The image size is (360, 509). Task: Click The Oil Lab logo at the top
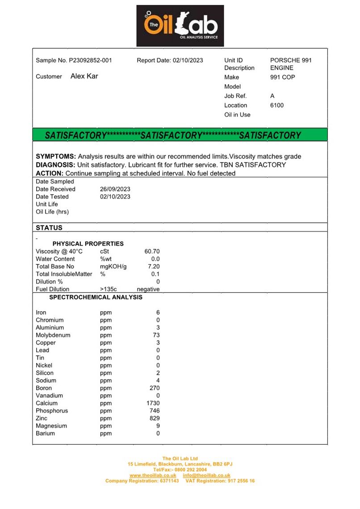pyautogui.click(x=180, y=26)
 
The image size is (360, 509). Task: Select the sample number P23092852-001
pyautogui.click(x=90, y=60)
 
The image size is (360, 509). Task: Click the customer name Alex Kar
pyautogui.click(x=84, y=76)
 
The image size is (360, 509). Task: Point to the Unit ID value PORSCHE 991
pyautogui.click(x=291, y=60)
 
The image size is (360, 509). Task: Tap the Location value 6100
pyautogui.click(x=277, y=105)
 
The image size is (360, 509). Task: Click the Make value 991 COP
pyautogui.click(x=283, y=77)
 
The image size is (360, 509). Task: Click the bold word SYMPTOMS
pyautogui.click(x=55, y=157)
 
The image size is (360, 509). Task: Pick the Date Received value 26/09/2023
pyautogui.click(x=115, y=189)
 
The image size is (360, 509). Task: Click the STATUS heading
pyautogui.click(x=49, y=228)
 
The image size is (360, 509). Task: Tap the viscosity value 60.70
pyautogui.click(x=152, y=251)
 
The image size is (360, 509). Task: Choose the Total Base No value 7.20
pyautogui.click(x=154, y=267)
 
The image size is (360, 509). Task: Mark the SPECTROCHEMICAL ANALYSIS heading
pyautogui.click(x=96, y=297)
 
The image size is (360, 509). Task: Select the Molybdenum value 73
pyautogui.click(x=156, y=335)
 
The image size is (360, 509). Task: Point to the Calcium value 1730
pyautogui.click(x=152, y=404)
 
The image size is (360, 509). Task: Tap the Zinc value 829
pyautogui.click(x=154, y=419)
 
